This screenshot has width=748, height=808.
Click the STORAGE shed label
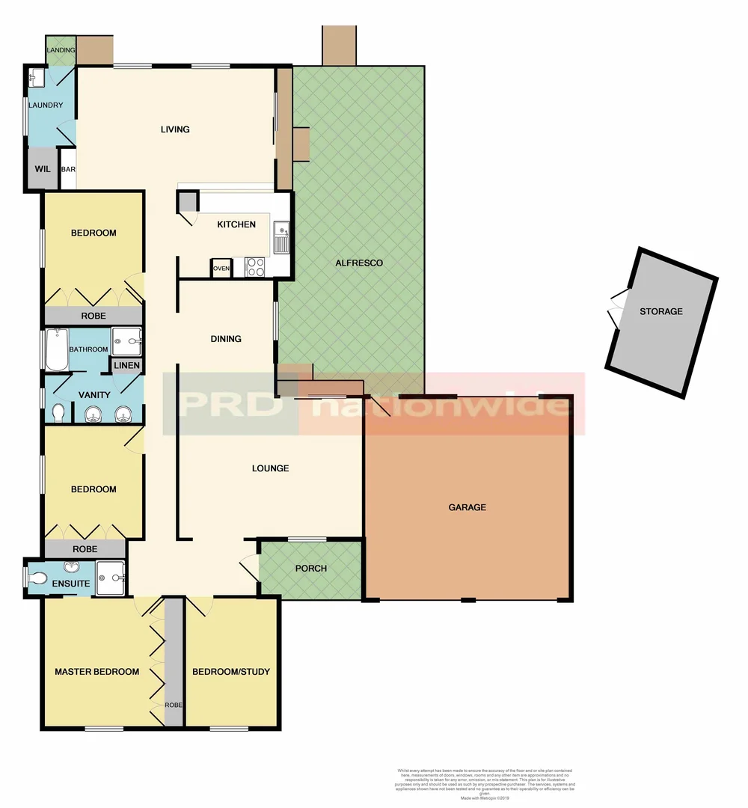660,311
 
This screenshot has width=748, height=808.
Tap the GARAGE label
467,507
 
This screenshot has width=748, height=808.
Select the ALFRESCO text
359,263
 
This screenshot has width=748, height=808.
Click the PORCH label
310,569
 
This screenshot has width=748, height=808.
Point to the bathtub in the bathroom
57,350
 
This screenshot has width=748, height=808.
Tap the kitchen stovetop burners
255,267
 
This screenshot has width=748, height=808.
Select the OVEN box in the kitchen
221,268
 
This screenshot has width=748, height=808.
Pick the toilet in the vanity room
59,412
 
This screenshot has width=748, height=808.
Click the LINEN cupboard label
126,365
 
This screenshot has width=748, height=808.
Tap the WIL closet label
43,169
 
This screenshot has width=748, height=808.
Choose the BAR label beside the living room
68,170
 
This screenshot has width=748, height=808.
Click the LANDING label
61,50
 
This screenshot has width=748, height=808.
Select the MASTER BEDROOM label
96,672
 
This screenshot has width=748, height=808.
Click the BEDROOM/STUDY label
231,672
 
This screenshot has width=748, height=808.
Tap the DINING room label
226,339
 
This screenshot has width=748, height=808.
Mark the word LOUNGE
270,468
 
